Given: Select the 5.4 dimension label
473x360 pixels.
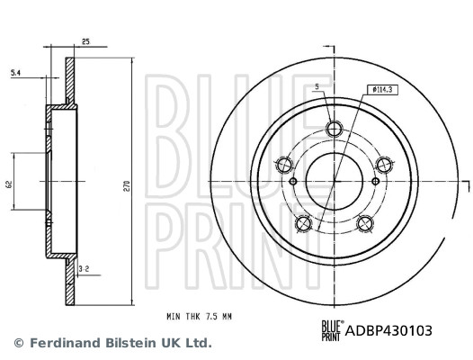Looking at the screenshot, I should (x=15, y=72).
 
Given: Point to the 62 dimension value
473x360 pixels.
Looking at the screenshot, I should (x=8, y=184).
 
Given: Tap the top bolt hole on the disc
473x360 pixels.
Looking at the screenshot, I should (x=335, y=129).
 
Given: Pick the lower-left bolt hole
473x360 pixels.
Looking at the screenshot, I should (x=304, y=221).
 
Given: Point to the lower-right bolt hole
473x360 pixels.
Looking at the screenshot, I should (x=365, y=221).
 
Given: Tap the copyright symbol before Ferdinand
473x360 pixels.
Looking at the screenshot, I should (x=18, y=343).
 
